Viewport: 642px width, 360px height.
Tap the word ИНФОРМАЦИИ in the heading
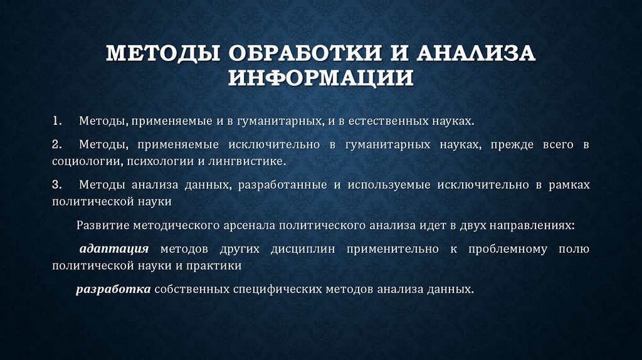pyautogui.click(x=320, y=79)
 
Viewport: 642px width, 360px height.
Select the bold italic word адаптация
pyautogui.click(x=114, y=249)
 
